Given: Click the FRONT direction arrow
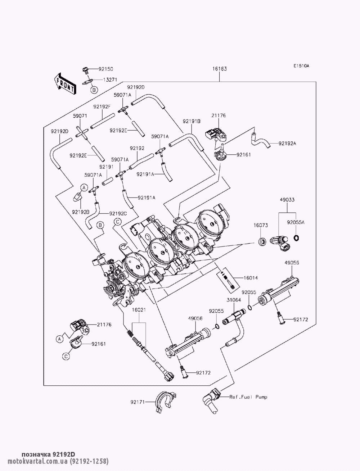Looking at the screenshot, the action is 64,84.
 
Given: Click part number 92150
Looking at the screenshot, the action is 106,69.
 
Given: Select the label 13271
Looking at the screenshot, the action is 110,80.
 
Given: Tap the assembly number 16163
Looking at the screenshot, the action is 220,69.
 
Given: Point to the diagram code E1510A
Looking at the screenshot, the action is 301,66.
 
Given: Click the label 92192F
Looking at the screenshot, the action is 102,107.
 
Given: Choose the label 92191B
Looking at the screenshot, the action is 192,122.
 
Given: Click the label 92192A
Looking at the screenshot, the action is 287,144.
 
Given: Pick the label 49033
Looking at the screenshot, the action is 287,200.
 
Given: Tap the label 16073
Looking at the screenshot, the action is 261,225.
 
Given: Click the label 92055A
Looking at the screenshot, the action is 296,222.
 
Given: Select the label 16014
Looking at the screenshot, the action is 251,278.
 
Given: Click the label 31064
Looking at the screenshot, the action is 234,300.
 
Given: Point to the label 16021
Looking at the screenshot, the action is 139,310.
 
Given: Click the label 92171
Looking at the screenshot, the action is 138,402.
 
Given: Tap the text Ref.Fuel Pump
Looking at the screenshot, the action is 248,397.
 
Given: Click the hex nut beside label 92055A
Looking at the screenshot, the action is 296,237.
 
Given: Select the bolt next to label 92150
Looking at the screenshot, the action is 85,70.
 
